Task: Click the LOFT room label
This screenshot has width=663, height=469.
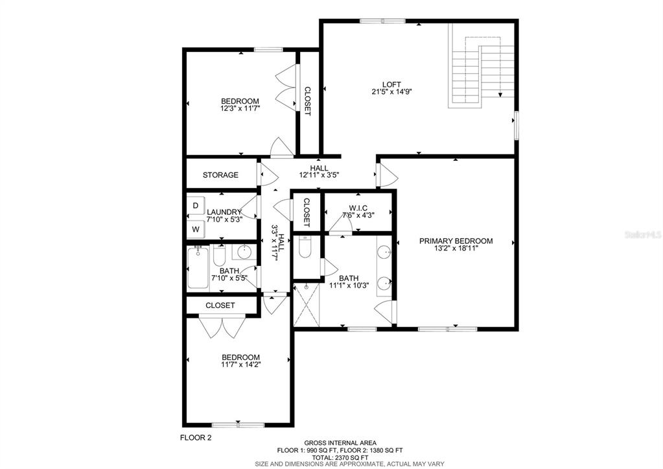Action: click(x=391, y=84)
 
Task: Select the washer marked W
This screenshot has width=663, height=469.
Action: click(x=195, y=230)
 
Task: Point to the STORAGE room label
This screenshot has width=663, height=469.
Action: click(x=220, y=174)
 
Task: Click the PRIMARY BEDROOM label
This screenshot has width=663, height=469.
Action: click(x=456, y=241)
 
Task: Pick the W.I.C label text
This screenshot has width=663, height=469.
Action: click(x=358, y=208)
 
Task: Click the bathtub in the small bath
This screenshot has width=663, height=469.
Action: click(x=198, y=267)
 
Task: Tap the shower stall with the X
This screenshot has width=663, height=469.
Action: click(x=307, y=305)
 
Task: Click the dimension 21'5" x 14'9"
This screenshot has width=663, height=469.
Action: click(x=391, y=91)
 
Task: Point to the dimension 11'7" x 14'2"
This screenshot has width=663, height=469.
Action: click(x=241, y=364)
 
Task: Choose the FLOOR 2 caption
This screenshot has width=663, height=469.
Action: click(x=195, y=438)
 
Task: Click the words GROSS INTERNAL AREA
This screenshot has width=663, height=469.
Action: click(x=340, y=443)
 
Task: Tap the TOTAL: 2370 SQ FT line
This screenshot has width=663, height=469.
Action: click(x=340, y=457)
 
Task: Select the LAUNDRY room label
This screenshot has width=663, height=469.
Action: click(x=224, y=212)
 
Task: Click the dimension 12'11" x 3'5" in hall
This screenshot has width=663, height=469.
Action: click(x=320, y=174)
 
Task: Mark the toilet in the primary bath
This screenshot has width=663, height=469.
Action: click(x=305, y=247)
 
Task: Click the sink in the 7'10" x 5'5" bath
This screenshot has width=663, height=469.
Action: click(x=244, y=252)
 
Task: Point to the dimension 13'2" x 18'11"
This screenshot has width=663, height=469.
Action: click(x=456, y=248)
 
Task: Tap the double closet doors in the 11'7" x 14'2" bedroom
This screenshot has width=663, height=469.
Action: click(x=222, y=327)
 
